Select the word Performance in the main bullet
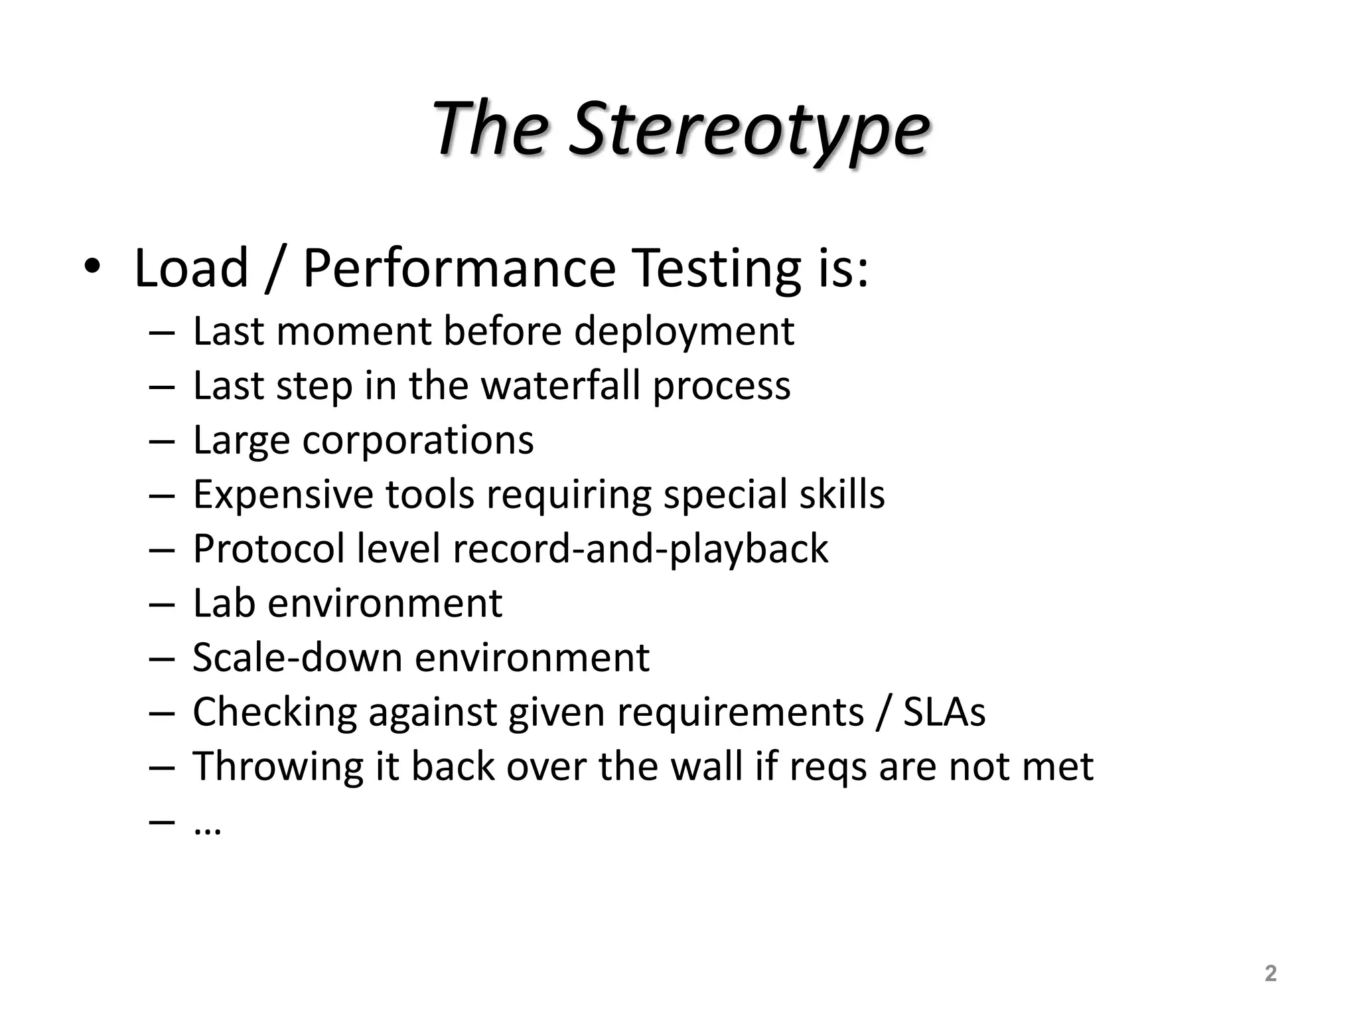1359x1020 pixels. pyautogui.click(x=459, y=268)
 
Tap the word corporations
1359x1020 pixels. pyautogui.click(x=418, y=440)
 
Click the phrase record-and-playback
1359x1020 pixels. pyautogui.click(x=640, y=549)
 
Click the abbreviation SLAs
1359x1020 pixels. pyautogui.click(x=944, y=712)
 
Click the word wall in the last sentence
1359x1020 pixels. pyautogui.click(x=706, y=766)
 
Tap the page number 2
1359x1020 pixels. pyautogui.click(x=1270, y=974)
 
